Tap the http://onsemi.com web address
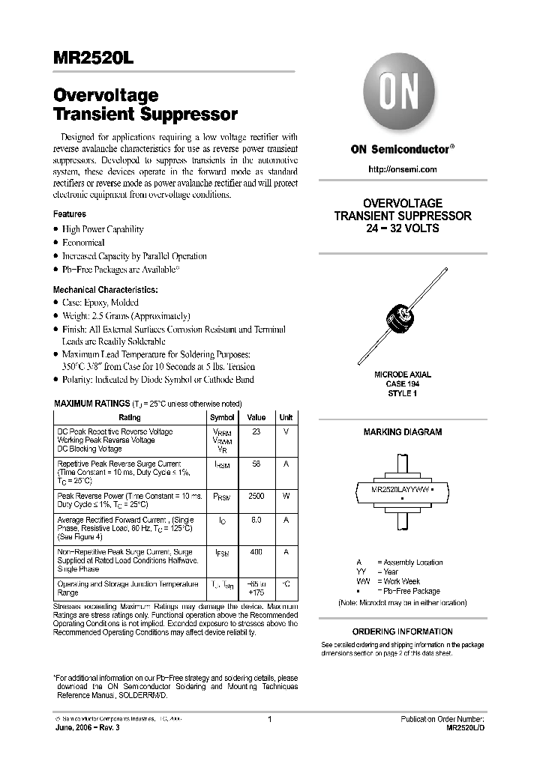click(x=403, y=169)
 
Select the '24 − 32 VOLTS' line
click(x=403, y=228)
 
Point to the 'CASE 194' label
click(x=403, y=383)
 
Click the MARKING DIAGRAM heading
click(x=403, y=432)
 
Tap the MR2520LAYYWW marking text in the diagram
click(x=401, y=488)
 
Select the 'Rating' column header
click(x=130, y=418)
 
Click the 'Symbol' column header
click(x=222, y=418)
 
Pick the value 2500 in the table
click(x=256, y=496)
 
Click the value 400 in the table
click(x=256, y=551)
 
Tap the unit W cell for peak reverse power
click(x=286, y=496)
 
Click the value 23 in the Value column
click(x=256, y=432)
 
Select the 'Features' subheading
click(x=70, y=214)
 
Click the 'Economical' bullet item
click(x=83, y=243)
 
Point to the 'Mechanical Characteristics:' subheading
click(x=105, y=289)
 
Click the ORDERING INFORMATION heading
click(x=403, y=631)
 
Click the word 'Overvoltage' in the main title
click(x=106, y=96)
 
